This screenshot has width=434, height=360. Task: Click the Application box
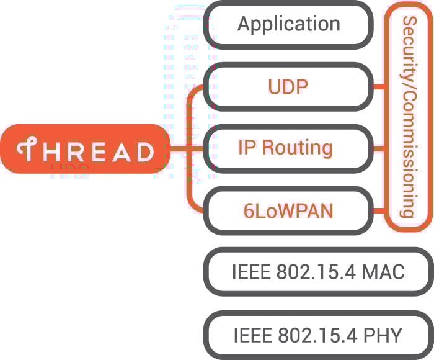(x=288, y=25)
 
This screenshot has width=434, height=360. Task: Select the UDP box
(x=288, y=87)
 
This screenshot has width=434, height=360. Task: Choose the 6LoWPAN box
(x=288, y=210)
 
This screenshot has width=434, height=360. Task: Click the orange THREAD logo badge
(x=84, y=149)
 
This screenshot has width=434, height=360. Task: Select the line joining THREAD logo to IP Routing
(x=186, y=149)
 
